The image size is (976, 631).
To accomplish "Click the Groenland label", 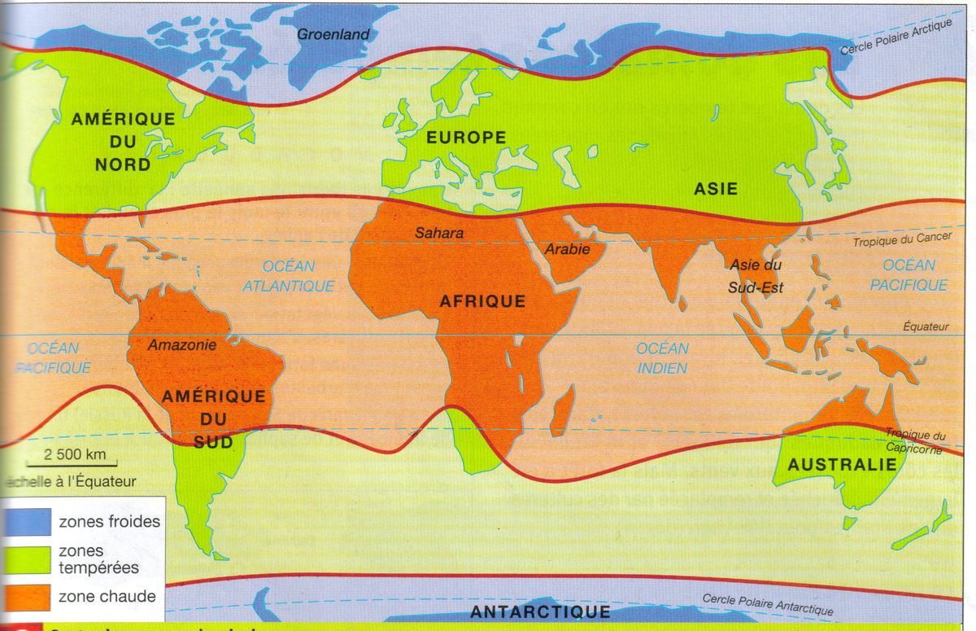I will [x=333, y=34].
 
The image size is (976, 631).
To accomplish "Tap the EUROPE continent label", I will [x=467, y=138].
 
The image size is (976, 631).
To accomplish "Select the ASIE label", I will [x=716, y=189].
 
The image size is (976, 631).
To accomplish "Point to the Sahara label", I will [x=439, y=233].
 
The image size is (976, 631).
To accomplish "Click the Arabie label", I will [x=568, y=249].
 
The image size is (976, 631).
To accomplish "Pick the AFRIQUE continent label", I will [x=482, y=301].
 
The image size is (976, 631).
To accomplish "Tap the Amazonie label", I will [x=182, y=344].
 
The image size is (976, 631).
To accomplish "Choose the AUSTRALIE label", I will [x=842, y=465].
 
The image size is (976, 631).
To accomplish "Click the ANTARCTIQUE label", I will [x=539, y=611].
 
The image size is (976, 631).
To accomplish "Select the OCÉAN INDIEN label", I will [x=662, y=358].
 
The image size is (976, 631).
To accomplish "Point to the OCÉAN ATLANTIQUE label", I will [x=289, y=276].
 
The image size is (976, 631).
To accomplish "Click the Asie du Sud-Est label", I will [x=756, y=276].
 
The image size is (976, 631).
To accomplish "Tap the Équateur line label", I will [x=926, y=326].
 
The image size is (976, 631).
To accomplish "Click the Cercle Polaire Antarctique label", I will [x=767, y=604].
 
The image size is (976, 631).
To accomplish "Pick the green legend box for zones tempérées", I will [x=26, y=559].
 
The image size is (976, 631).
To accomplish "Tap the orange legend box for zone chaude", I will [x=26, y=597].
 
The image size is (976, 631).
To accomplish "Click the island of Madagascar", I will [x=560, y=412].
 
